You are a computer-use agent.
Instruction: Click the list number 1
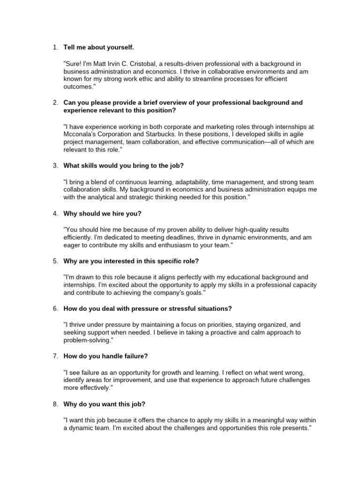point(54,47)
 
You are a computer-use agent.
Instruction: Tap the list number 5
point(54,261)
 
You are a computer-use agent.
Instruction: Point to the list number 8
point(54,404)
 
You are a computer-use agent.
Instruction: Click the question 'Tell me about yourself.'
point(98,47)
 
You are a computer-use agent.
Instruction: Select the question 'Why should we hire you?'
point(102,213)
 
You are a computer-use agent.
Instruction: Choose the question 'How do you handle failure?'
point(106,356)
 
